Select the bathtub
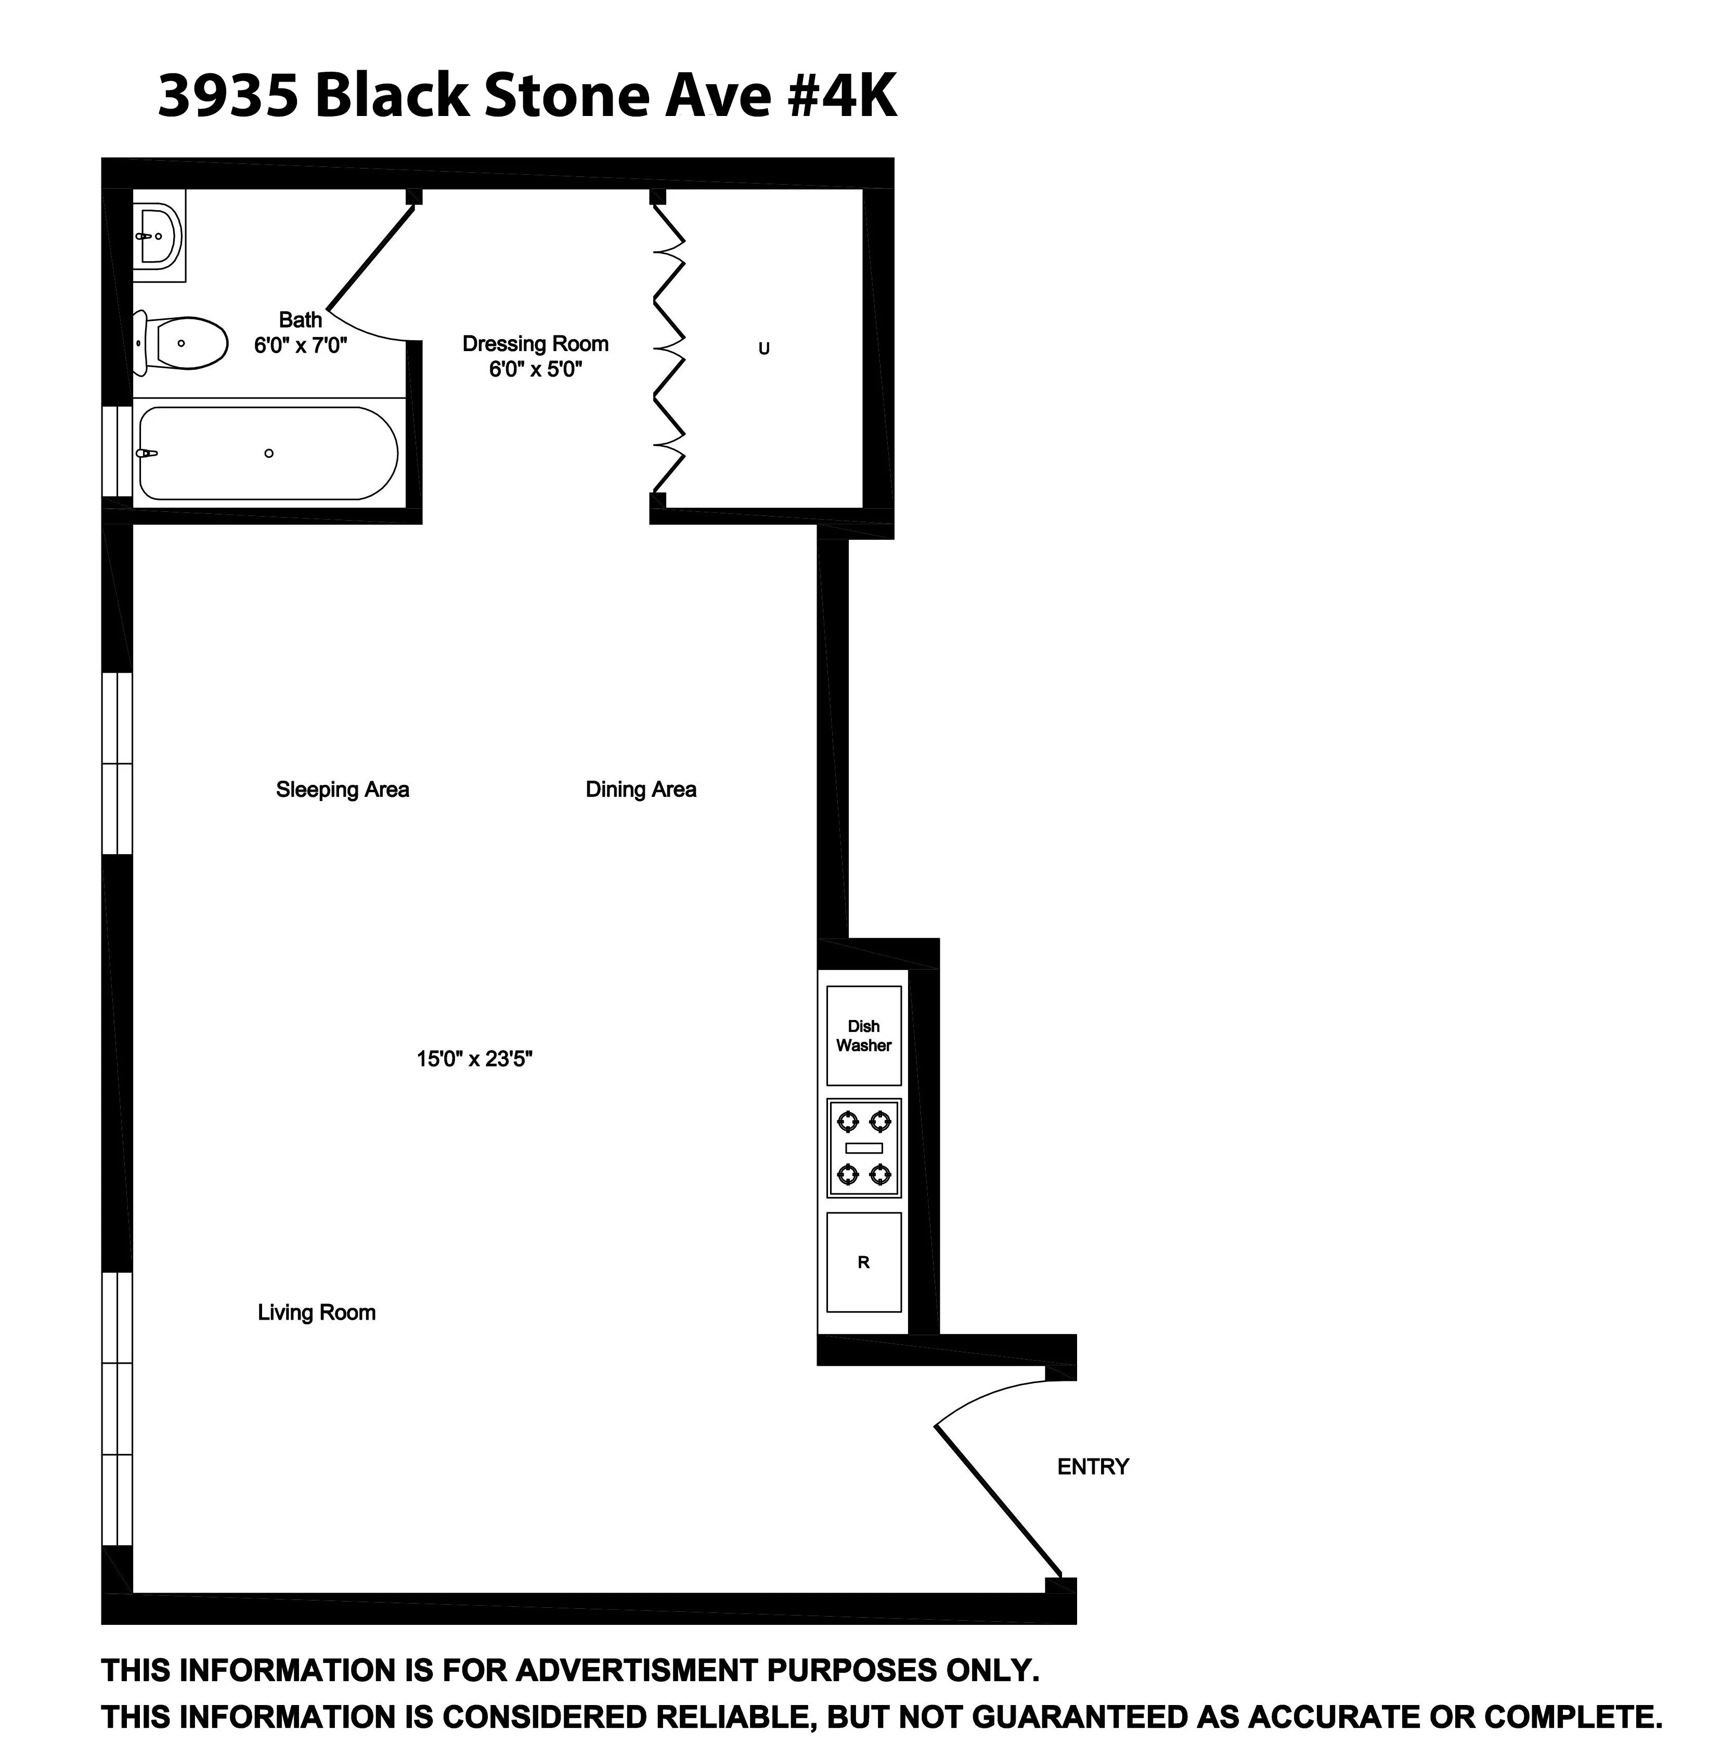(268, 453)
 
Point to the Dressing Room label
(535, 344)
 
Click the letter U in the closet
(764, 349)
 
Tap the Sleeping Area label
(343, 790)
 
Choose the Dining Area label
(641, 790)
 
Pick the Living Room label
(317, 1313)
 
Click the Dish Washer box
(864, 1036)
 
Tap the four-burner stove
(864, 1148)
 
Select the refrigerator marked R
(864, 1262)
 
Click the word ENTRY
(1093, 1466)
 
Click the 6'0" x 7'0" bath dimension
(300, 345)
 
